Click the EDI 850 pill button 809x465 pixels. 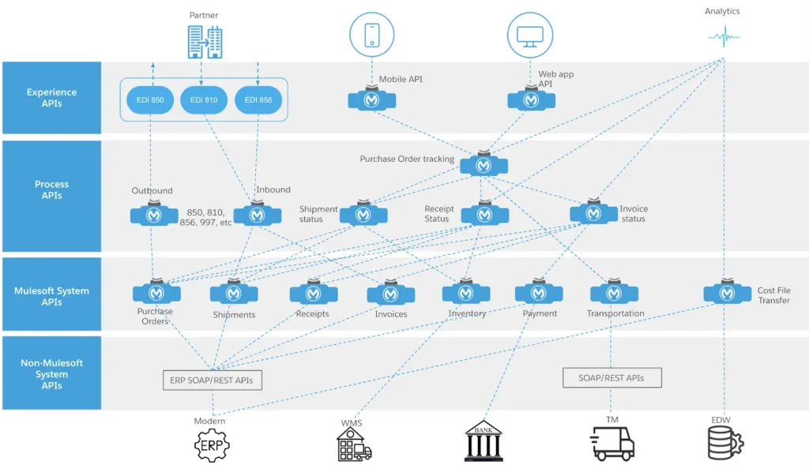[150, 100]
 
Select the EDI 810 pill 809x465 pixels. [205, 100]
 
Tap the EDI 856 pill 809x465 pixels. [258, 100]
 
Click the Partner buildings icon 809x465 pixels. [204, 41]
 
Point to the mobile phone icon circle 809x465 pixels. [371, 35]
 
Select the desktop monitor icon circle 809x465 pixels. [529, 35]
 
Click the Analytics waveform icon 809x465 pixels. [723, 36]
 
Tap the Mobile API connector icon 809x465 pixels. [372, 100]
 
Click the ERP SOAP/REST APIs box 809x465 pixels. [212, 380]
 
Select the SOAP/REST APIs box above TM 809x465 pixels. [611, 377]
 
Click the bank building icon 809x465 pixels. [484, 441]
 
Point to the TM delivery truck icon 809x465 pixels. [612, 443]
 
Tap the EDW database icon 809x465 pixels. [723, 443]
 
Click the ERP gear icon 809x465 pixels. [211, 445]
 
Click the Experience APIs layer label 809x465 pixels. [51, 98]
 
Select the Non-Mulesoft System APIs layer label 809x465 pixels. [51, 374]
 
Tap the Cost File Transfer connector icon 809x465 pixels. [727, 293]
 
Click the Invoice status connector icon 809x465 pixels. [593, 213]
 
